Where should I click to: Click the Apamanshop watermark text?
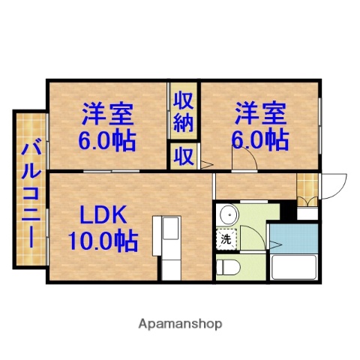(x=179, y=324)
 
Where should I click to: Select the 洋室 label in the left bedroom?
(x=108, y=115)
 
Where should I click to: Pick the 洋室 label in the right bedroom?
(x=260, y=115)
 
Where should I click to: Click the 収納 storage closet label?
(x=183, y=110)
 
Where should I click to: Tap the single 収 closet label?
(x=183, y=156)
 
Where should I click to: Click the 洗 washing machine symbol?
(x=225, y=240)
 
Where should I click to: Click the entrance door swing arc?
(x=334, y=187)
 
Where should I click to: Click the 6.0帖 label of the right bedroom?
(x=260, y=139)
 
